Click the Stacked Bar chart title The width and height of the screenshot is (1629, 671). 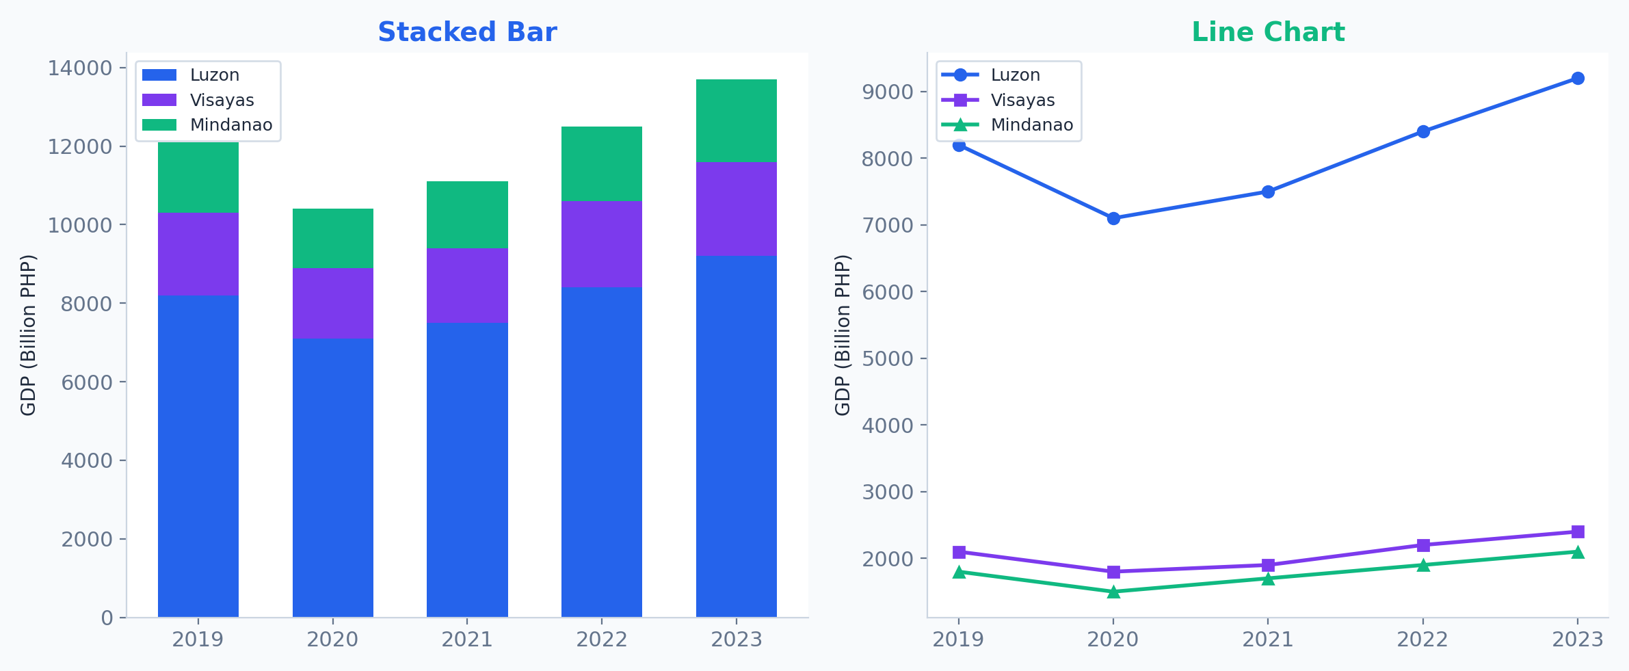(x=467, y=32)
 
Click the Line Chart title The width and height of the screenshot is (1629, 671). (x=1268, y=32)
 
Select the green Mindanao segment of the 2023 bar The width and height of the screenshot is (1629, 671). (x=736, y=121)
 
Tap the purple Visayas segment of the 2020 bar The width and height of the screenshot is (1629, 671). (x=332, y=303)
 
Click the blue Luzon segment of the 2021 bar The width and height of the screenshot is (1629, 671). (x=467, y=469)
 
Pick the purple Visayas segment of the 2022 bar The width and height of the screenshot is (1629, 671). (x=601, y=244)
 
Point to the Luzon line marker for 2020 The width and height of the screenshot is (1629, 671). (x=1113, y=218)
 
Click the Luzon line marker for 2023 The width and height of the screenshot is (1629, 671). (x=1578, y=78)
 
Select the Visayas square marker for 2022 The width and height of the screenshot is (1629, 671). (x=1423, y=545)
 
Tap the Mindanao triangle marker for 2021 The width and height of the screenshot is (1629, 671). (x=1268, y=579)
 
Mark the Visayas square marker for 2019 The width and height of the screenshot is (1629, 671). (x=959, y=552)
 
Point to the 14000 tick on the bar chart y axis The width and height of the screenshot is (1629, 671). (x=79, y=68)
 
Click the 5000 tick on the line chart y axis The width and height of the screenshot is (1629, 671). (x=888, y=359)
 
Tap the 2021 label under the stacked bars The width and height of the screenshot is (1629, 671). (x=467, y=640)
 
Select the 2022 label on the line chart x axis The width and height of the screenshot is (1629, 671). (x=1422, y=640)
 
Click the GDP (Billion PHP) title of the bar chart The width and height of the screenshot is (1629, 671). (x=28, y=335)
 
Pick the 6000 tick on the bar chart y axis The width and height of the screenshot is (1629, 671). (x=86, y=382)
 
